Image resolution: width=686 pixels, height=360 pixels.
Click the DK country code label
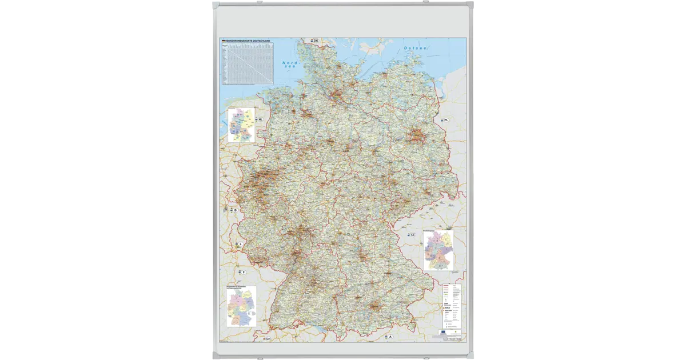[x=316, y=41]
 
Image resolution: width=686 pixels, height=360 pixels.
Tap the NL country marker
[x=261, y=119]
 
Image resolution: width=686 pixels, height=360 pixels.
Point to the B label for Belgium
[x=235, y=210]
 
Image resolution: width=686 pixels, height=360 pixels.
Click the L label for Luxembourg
[x=241, y=244]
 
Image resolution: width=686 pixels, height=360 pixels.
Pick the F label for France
[x=243, y=272]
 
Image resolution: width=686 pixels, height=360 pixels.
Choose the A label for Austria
[x=391, y=337]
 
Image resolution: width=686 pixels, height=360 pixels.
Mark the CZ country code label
[x=412, y=234]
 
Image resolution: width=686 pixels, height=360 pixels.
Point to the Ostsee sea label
[x=415, y=49]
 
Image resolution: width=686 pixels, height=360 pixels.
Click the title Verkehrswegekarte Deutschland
[x=247, y=41]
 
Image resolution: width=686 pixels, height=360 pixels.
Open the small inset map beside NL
[x=241, y=125]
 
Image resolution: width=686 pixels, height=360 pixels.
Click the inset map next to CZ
[x=438, y=250]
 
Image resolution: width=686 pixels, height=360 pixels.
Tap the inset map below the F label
[x=241, y=307]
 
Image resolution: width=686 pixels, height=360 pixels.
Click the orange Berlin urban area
[x=416, y=135]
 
